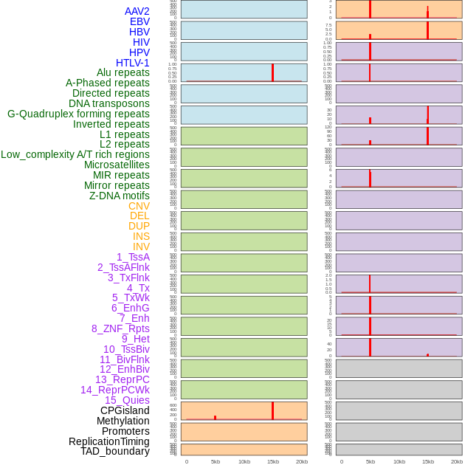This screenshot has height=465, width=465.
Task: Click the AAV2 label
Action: point(137,11)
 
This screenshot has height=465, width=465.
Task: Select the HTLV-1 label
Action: point(132,63)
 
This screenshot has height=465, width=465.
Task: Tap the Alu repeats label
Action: point(123,72)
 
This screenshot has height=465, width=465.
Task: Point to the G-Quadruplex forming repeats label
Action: point(78,114)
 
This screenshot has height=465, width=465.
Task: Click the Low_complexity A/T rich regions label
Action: point(75,154)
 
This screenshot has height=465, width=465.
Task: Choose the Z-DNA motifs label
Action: point(120,196)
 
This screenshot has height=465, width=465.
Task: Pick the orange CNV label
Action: point(139,206)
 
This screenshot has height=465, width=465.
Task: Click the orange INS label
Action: point(141,236)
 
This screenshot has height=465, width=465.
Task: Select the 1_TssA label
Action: point(133,257)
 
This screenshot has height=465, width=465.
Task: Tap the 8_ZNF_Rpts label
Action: point(120,328)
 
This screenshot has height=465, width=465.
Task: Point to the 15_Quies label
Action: point(127,400)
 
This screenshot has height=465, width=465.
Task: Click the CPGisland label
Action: point(125,410)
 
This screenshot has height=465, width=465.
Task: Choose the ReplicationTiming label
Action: point(109,441)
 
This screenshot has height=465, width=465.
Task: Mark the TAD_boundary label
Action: point(115,451)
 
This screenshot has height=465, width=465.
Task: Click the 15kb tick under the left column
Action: point(272,461)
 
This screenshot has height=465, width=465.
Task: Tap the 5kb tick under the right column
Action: point(370,461)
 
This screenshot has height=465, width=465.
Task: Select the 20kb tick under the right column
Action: point(456,461)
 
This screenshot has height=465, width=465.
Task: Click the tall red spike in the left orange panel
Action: point(272,410)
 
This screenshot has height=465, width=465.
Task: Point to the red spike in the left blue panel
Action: point(272,72)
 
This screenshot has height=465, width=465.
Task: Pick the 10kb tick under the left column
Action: point(244,461)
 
